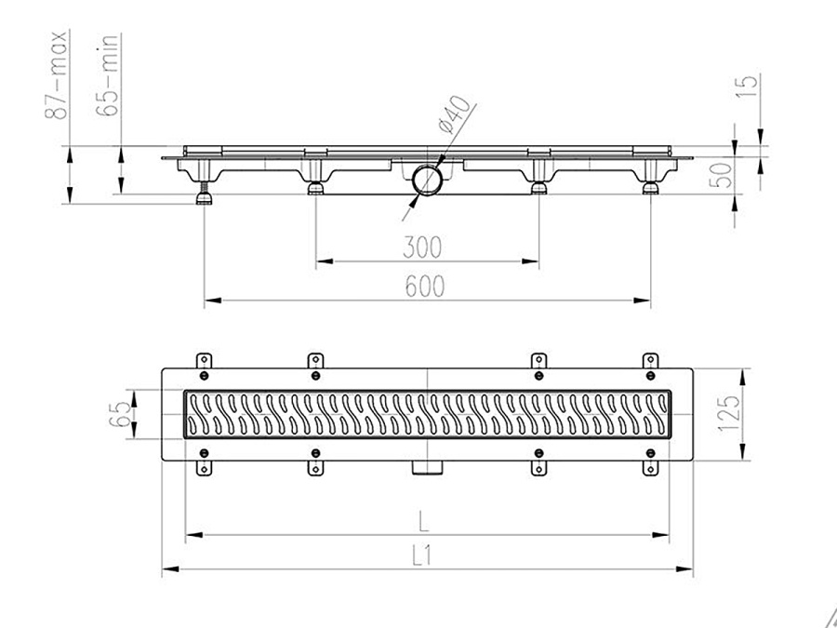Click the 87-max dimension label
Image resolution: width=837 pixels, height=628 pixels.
[56, 74]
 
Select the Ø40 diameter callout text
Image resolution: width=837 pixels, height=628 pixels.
[454, 114]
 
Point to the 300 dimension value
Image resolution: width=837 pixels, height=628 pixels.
[422, 247]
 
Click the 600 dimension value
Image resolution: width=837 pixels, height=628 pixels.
[424, 287]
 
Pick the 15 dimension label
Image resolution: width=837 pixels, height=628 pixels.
[749, 86]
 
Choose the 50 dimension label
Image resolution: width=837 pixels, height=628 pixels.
[721, 175]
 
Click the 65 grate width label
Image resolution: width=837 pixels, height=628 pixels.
[119, 414]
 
